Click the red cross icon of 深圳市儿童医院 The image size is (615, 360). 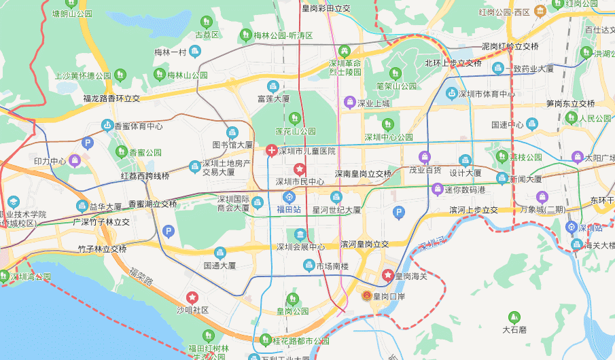click(x=271, y=150)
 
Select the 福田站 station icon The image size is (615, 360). click(x=289, y=198)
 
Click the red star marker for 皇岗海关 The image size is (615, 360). click(x=387, y=275)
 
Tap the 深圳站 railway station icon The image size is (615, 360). click(x=572, y=228)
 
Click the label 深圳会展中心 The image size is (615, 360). click(x=300, y=247)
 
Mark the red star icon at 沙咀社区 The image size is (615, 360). click(x=193, y=298)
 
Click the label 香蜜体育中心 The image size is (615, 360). click(x=138, y=126)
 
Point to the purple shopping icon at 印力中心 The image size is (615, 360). click(x=75, y=160)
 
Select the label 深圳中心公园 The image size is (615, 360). click(x=389, y=137)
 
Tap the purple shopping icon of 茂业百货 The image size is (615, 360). click(x=425, y=157)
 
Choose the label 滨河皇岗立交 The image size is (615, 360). click(x=364, y=244)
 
